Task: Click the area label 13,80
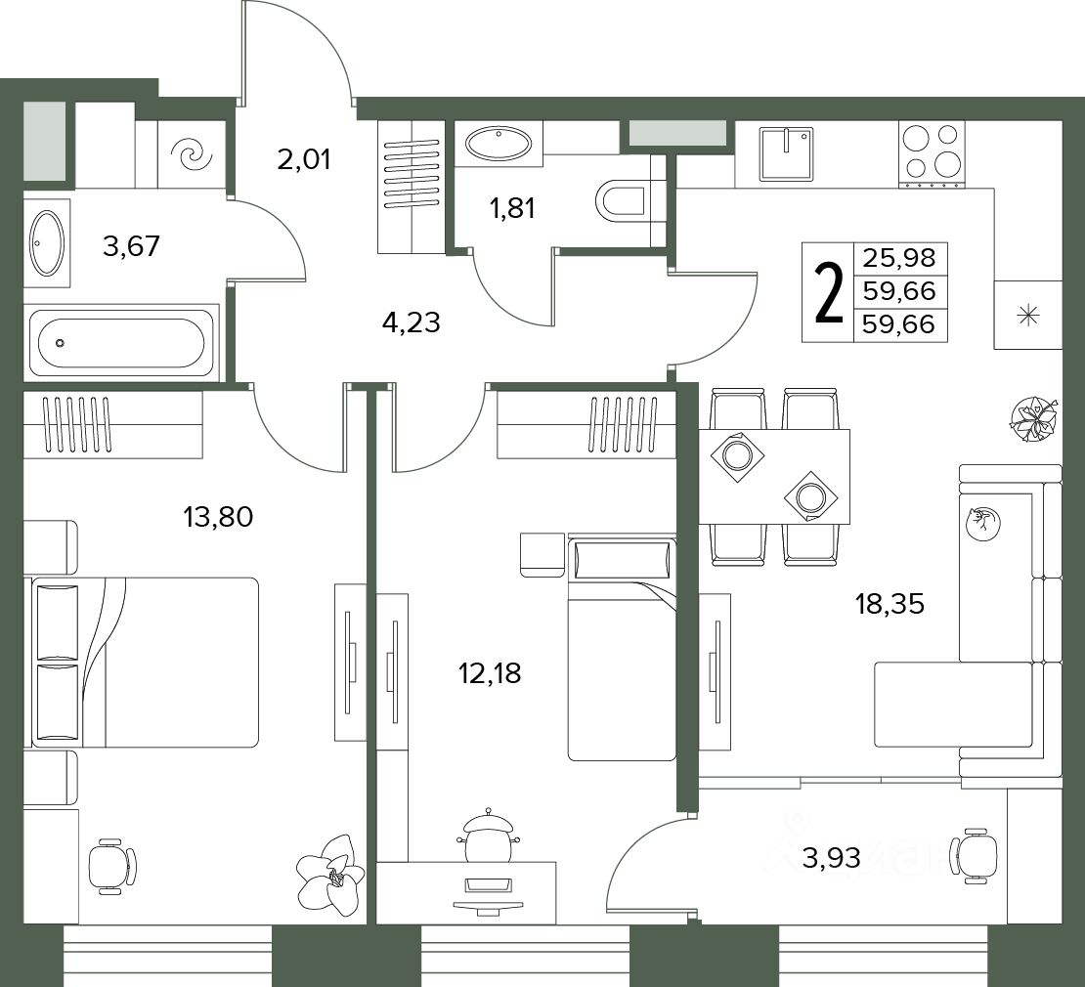click(218, 516)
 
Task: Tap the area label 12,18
click(490, 672)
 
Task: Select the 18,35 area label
click(890, 604)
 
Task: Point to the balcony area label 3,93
click(831, 858)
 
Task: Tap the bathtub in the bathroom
click(122, 343)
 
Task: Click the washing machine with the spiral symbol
click(193, 154)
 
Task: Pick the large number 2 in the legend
click(829, 292)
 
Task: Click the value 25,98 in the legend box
click(899, 259)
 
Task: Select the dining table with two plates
click(774, 476)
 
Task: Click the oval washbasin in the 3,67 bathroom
click(47, 243)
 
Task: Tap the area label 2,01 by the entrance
click(304, 159)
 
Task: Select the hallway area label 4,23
click(411, 322)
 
